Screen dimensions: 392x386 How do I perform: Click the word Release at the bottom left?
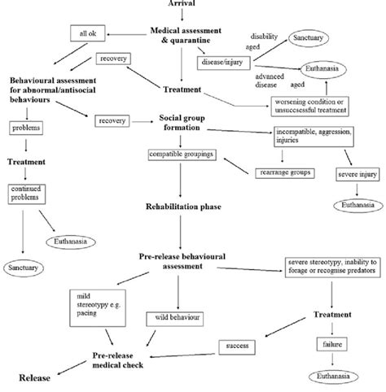click(x=32, y=377)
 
